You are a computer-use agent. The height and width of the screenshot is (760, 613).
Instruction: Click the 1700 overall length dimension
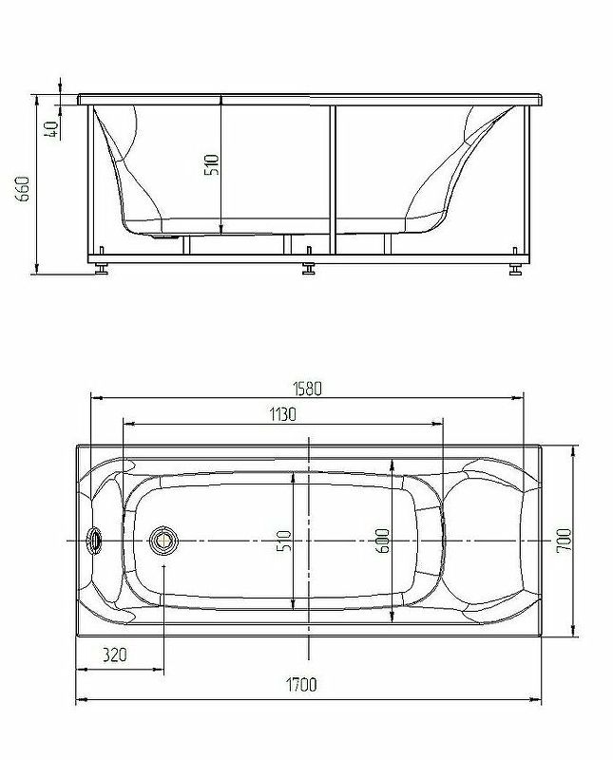pos(301,684)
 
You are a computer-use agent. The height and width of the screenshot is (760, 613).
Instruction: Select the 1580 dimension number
pos(307,389)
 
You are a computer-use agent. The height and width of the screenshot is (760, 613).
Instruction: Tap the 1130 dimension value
pos(282,414)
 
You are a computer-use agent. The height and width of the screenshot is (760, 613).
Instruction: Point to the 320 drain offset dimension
pos(114,655)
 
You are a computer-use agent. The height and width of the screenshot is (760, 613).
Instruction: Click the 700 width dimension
pos(564,541)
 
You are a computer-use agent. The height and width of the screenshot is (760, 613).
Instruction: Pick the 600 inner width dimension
pos(383,541)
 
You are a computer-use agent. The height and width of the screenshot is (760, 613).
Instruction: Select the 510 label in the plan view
pos(284,541)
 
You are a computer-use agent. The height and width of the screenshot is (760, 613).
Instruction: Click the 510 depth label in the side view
pos(212,164)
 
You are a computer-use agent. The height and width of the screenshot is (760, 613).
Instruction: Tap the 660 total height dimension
pos(23,188)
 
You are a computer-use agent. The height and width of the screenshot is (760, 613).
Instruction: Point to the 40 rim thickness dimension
pos(51,129)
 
